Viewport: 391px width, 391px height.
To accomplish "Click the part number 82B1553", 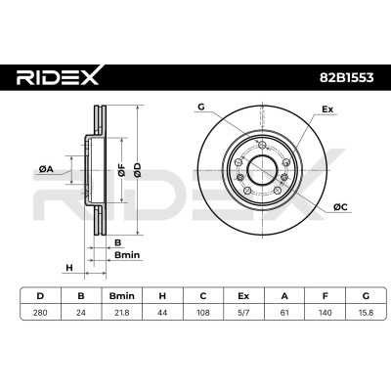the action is [346, 77].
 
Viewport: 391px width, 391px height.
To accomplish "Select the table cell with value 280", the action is [40, 313].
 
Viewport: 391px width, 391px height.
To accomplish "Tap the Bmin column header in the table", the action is [121, 296].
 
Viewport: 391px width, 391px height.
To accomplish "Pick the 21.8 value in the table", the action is [121, 313].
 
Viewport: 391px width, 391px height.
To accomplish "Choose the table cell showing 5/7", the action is [243, 313].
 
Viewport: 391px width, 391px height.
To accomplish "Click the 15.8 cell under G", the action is [366, 313].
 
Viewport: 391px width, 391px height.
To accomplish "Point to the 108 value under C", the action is [203, 313].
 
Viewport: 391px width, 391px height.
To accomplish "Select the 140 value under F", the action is [325, 313].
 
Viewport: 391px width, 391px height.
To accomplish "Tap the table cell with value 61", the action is [284, 313].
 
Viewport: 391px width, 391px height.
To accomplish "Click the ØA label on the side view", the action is [46, 169].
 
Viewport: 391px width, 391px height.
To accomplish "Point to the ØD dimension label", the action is [138, 170].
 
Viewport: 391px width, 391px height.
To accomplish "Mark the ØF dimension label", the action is [121, 170].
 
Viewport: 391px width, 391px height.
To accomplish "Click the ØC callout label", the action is [340, 206].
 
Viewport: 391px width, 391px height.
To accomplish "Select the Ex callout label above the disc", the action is [327, 109].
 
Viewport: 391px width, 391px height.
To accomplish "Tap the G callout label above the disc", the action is [201, 107].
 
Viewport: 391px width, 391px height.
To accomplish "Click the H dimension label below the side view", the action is [69, 268].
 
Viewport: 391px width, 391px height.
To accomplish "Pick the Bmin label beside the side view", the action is [127, 255].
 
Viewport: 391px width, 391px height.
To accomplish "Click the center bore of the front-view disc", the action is [263, 170].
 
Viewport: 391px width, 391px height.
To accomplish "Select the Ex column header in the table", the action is [243, 296].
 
